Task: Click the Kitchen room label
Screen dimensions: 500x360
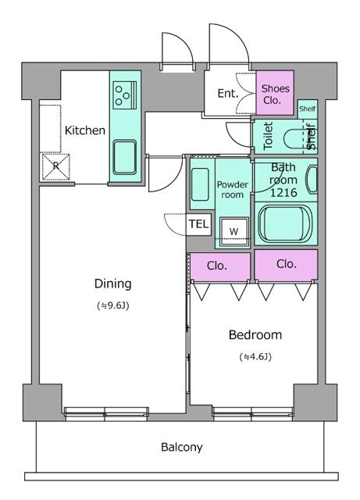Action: click(x=84, y=130)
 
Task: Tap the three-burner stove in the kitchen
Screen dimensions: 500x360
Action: click(x=123, y=95)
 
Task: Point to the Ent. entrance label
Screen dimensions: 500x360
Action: click(x=227, y=94)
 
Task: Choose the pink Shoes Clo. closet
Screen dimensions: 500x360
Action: click(x=276, y=94)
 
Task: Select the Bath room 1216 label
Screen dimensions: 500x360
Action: click(x=283, y=179)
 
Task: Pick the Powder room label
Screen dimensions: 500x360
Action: click(x=232, y=190)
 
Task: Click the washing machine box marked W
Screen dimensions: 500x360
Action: click(x=233, y=231)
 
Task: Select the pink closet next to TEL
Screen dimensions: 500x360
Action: click(x=218, y=266)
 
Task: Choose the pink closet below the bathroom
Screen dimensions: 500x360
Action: click(x=286, y=265)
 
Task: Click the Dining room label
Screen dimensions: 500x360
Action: click(x=112, y=284)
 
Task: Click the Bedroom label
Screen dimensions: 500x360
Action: click(x=255, y=335)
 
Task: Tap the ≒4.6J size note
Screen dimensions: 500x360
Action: click(x=255, y=357)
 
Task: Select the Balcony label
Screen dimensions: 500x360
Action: click(x=181, y=448)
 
